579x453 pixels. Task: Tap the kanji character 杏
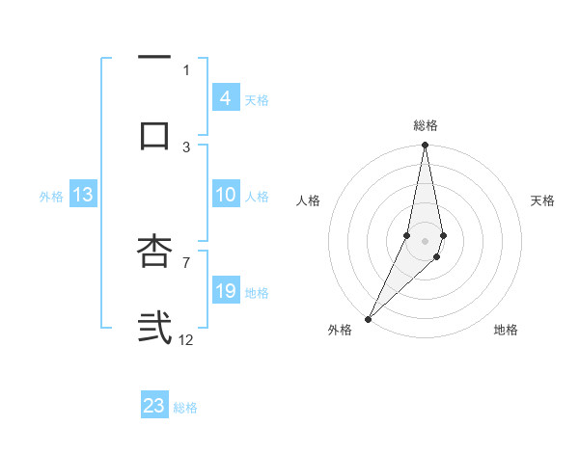point(154,252)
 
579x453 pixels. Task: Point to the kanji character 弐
point(154,327)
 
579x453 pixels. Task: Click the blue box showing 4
point(225,97)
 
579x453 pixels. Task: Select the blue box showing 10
point(225,195)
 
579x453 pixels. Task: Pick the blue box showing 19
point(225,291)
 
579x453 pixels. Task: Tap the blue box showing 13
point(82,195)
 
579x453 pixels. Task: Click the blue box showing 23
point(154,406)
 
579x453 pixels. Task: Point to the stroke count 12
point(186,339)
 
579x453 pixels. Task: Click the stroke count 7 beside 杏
point(186,261)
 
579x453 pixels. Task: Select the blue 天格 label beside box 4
point(257,99)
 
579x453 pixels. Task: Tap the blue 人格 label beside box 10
point(257,197)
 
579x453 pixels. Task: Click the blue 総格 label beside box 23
point(186,408)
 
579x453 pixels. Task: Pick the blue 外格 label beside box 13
point(51,197)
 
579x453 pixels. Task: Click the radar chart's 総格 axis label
point(426,125)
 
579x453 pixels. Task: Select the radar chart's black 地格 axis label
point(506,331)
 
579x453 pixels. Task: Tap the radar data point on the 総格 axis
point(425,146)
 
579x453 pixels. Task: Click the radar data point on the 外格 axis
point(368,319)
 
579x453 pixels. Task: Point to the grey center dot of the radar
point(425,240)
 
